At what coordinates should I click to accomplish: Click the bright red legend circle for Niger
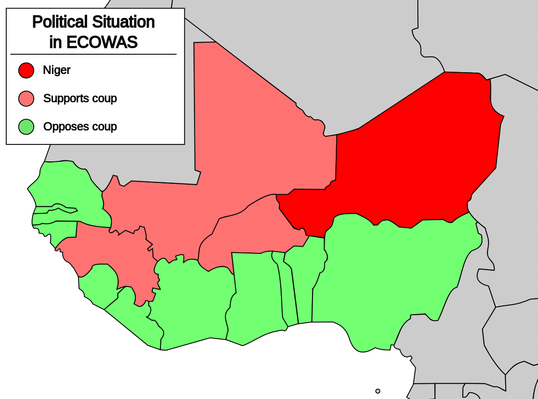(26, 70)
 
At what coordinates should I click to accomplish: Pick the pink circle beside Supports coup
(26, 98)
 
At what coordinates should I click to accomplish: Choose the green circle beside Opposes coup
(26, 127)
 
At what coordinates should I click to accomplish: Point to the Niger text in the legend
(56, 70)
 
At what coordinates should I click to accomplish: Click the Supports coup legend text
(80, 98)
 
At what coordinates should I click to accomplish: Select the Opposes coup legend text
(80, 127)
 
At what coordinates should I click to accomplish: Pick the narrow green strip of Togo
(289, 291)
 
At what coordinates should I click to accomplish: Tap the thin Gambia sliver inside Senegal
(54, 209)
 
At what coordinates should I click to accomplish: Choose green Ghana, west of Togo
(256, 296)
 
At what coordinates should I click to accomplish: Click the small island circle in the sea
(377, 391)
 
